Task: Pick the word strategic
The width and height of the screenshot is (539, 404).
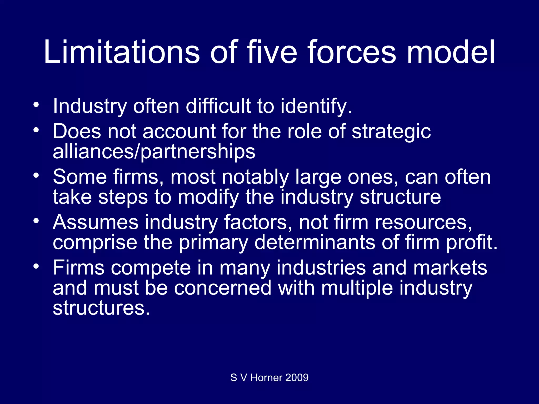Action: pos(391,132)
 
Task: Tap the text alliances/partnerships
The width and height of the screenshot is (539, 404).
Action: pos(154,152)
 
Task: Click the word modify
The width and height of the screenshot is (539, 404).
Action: pos(208,197)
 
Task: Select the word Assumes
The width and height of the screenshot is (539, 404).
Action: pos(96,223)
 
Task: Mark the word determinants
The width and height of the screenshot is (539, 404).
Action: pos(315,243)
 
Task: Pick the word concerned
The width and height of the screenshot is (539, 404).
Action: pos(223,288)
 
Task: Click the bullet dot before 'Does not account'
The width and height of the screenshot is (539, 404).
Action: pos(36,130)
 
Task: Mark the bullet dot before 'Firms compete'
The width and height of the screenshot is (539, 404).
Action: pos(36,266)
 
